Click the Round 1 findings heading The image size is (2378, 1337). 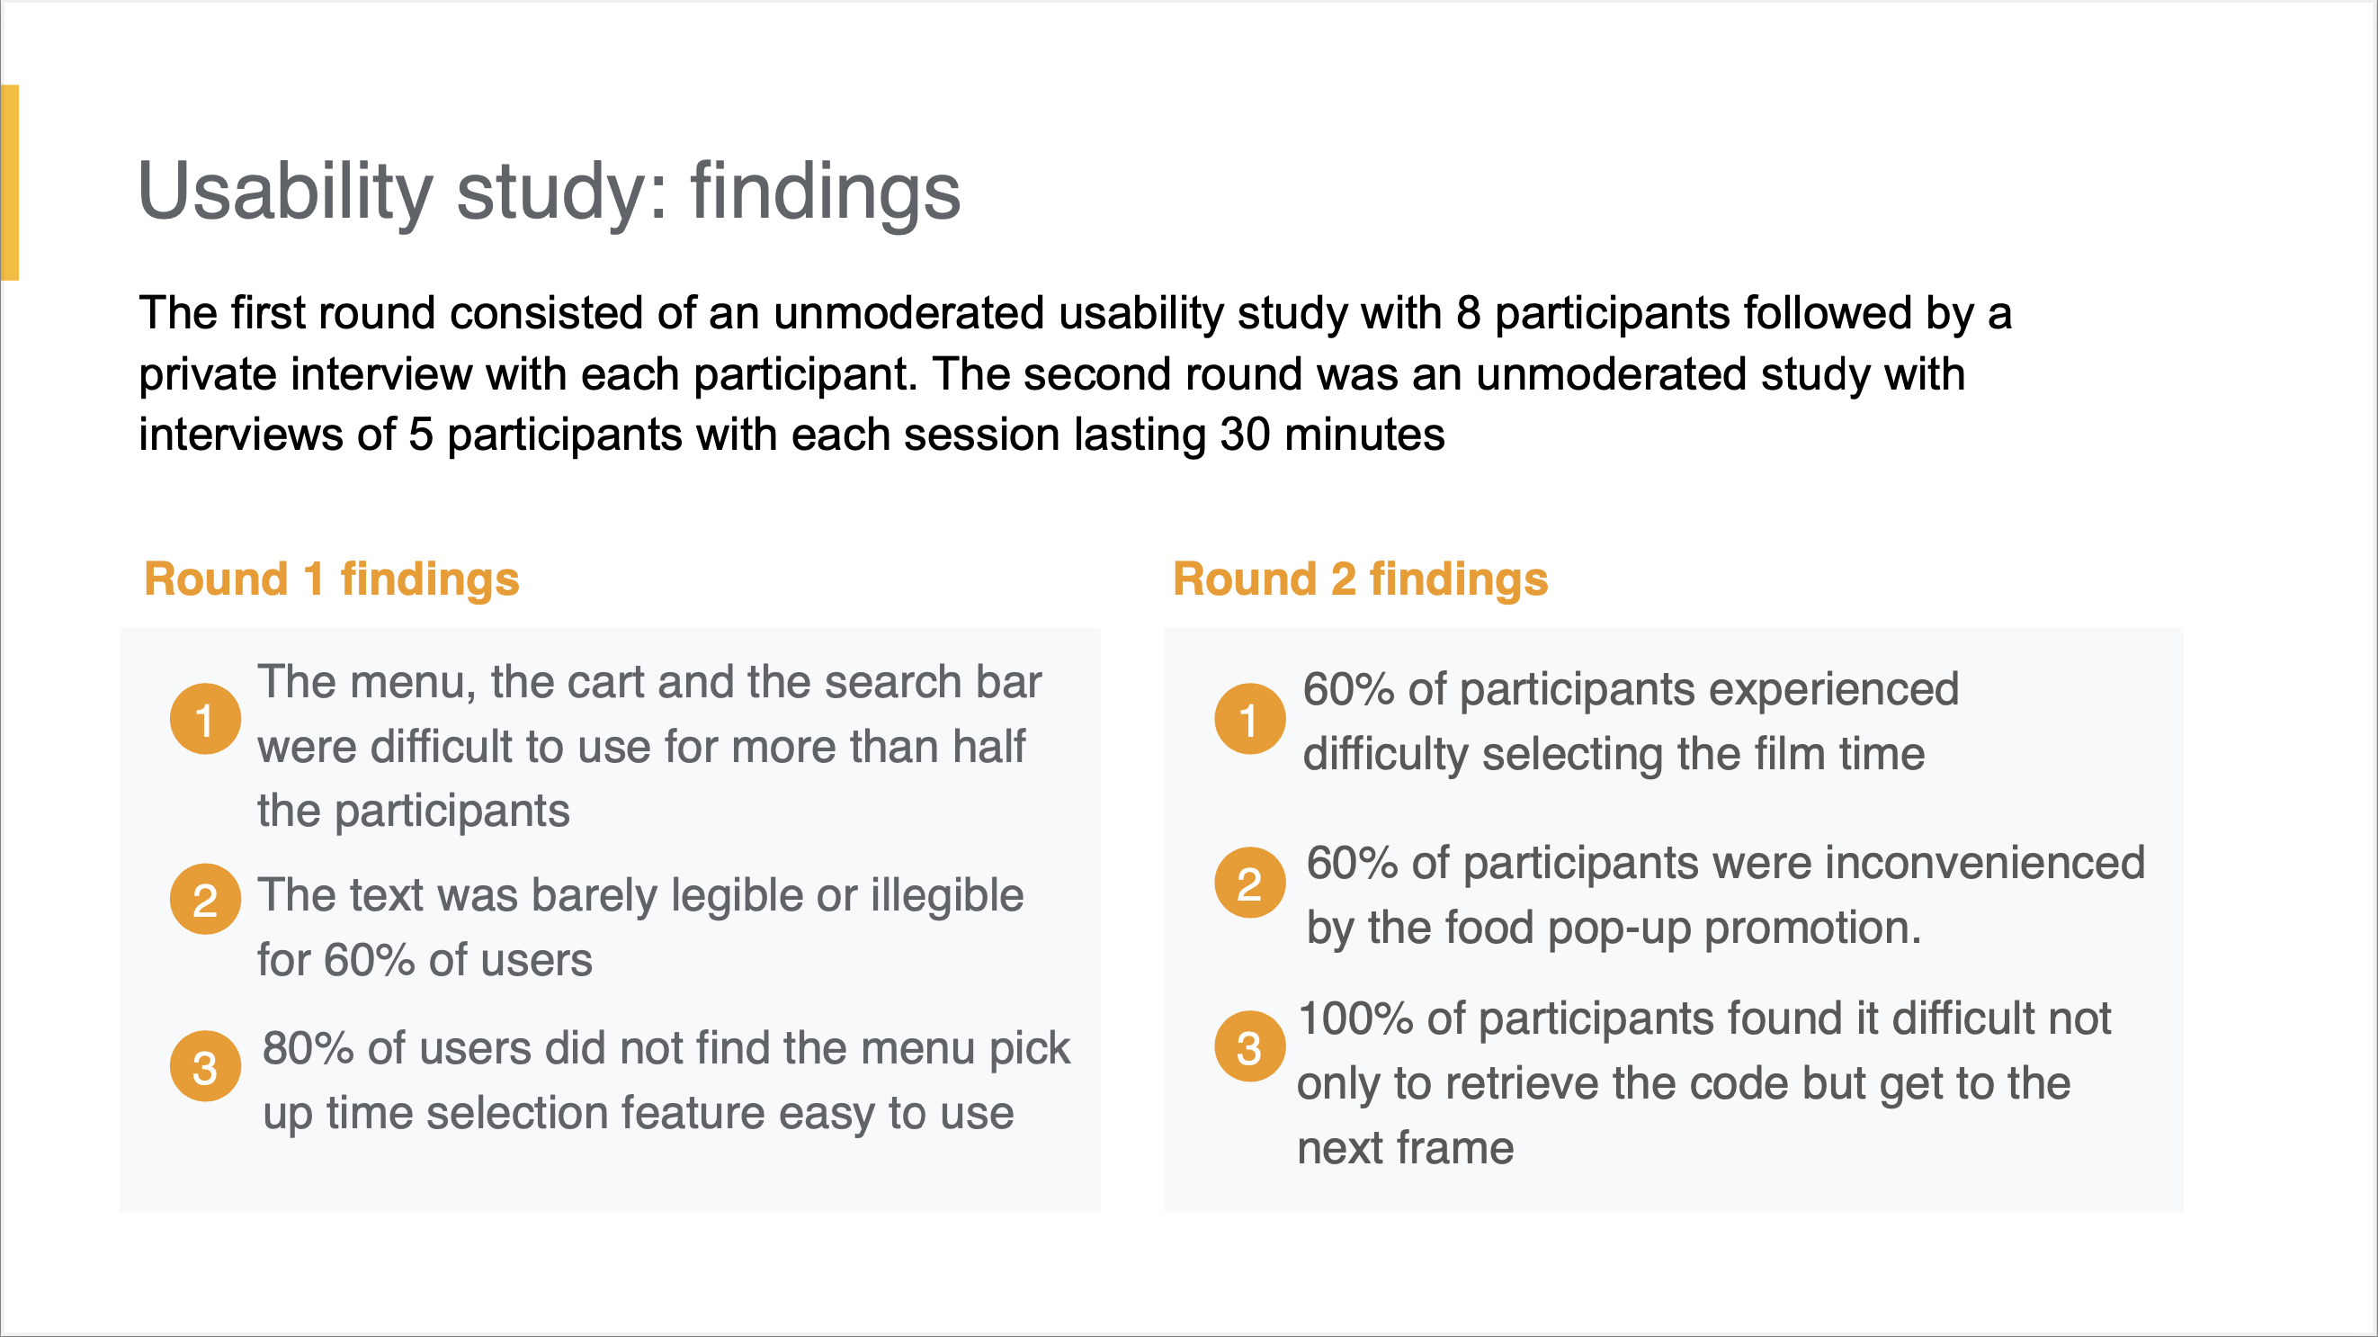(331, 579)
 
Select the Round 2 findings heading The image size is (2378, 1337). (1360, 579)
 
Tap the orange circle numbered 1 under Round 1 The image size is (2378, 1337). (205, 719)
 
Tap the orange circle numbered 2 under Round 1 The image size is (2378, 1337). (205, 900)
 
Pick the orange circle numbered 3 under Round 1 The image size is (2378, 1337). (205, 1066)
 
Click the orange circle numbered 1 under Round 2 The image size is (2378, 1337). (1249, 719)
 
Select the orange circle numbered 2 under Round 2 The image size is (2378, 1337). (1249, 883)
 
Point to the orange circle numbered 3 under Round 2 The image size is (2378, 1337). (1249, 1046)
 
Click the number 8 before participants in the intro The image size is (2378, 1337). (1469, 313)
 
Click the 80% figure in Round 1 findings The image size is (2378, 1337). (308, 1049)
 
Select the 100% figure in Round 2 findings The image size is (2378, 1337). (1355, 1019)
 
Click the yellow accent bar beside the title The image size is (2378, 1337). (10, 182)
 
